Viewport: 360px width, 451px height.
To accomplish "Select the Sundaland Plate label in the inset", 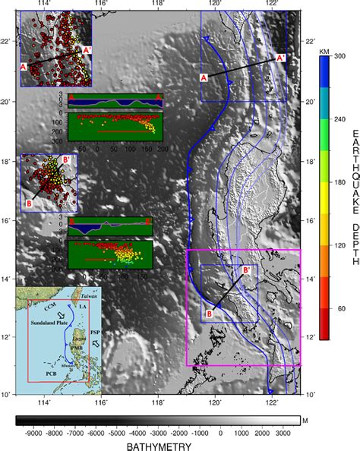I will point(50,323).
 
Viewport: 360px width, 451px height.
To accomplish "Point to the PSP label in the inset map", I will point(93,333).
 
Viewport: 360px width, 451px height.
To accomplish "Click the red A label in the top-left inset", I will point(24,68).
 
